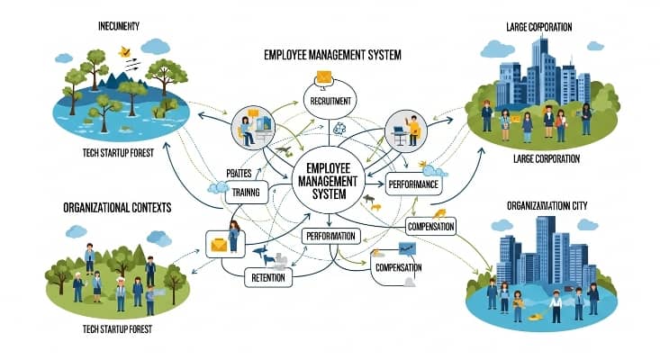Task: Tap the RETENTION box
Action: pos(268,278)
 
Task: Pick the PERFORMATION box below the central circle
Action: pos(331,237)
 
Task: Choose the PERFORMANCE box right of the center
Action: pos(413,185)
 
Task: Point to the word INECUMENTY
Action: pos(123,24)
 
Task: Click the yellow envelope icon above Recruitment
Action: pos(324,78)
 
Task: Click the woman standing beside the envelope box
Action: pos(234,237)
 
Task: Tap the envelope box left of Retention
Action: pos(219,243)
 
